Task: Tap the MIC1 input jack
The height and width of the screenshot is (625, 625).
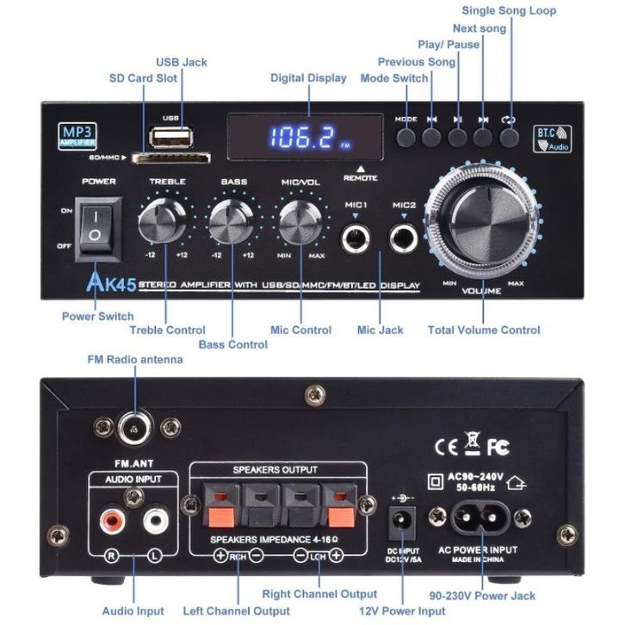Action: coord(356,238)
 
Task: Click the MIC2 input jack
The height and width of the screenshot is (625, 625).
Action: coord(403,238)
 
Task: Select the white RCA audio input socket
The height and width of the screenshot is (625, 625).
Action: coord(154,520)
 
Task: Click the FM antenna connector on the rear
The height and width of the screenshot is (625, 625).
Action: coord(134,424)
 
